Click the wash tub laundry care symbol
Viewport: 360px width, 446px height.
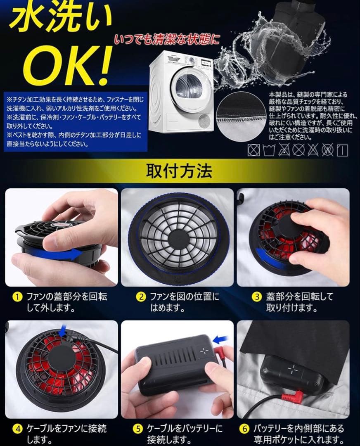click(x=269, y=150)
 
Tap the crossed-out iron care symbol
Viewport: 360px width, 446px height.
click(x=298, y=150)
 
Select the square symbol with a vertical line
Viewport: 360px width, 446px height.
click(x=342, y=150)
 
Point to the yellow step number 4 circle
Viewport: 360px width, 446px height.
click(x=17, y=429)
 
